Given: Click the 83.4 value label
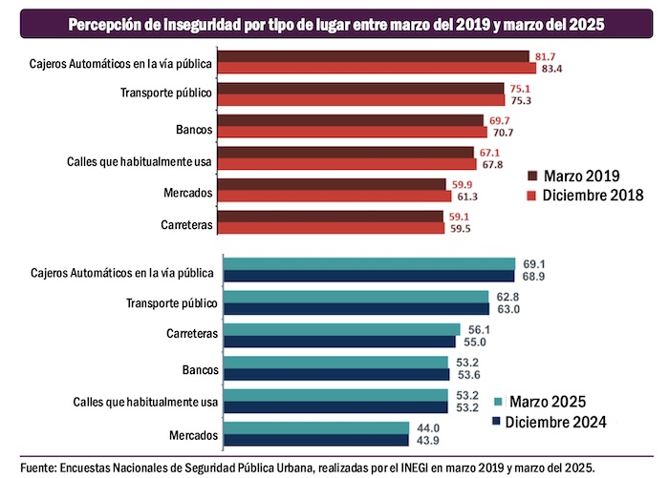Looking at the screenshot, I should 552,69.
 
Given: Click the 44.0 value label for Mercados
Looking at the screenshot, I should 426,428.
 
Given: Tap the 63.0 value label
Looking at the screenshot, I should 506,309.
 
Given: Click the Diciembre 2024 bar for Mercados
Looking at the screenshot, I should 315,440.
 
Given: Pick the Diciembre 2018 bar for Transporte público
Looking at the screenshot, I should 362,100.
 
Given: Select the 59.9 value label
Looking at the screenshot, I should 462,184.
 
